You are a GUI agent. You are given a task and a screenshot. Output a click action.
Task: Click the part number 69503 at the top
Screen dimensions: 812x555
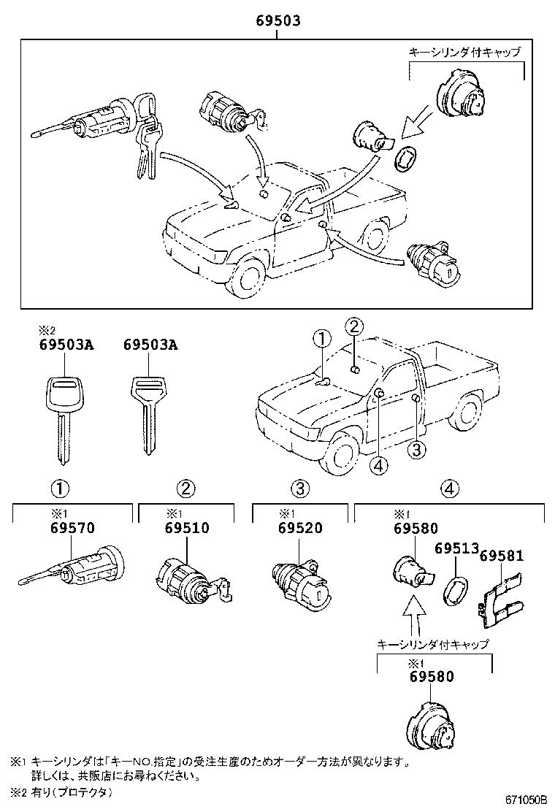tap(278, 23)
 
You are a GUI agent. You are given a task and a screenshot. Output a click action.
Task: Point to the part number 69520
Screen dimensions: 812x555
tap(300, 529)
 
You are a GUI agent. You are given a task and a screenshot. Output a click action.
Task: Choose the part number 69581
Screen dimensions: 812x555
tap(502, 555)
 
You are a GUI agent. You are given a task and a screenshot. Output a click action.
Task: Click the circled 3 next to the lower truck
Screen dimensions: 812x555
tap(416, 451)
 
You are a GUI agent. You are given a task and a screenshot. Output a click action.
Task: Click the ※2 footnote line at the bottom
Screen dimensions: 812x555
tap(62, 792)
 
